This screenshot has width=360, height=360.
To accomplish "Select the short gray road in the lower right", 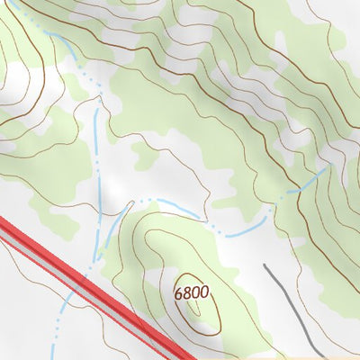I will pos(292,306).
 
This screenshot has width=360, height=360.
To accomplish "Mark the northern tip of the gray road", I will pos(265,265).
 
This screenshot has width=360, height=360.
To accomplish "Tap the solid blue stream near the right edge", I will pos(310,180).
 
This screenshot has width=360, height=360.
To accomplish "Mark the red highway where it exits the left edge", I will pos(4,226).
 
